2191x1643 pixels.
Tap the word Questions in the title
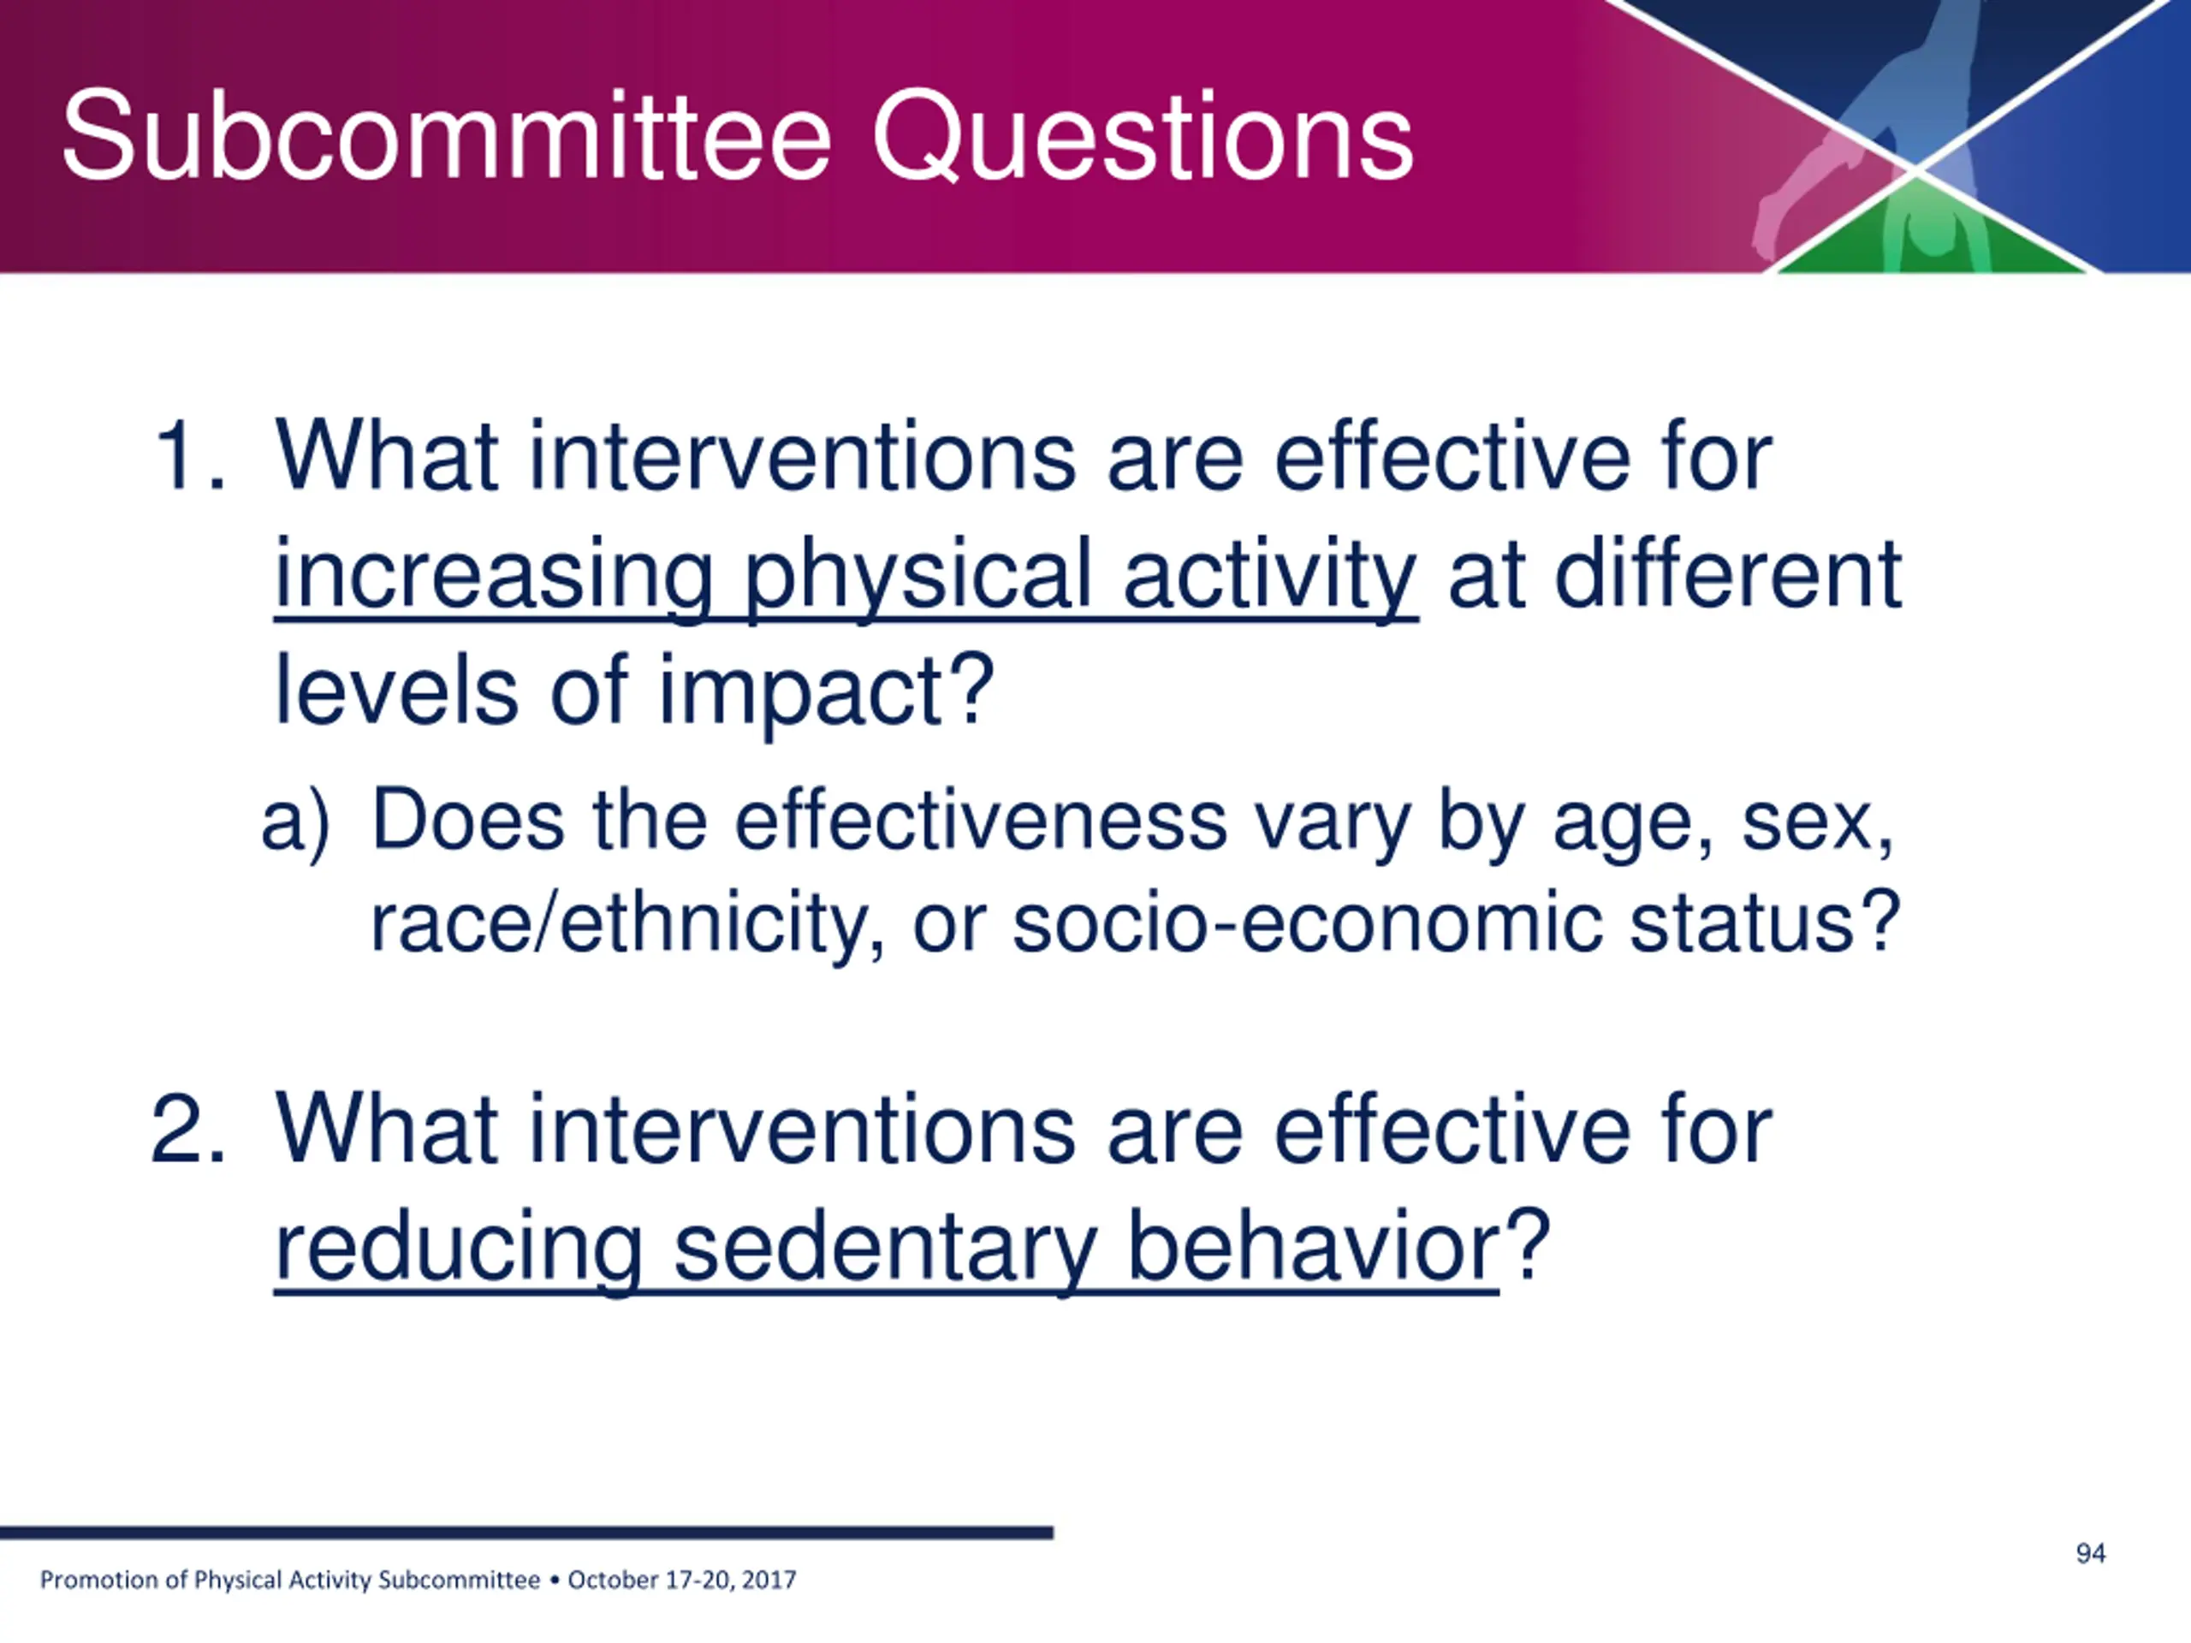point(1143,138)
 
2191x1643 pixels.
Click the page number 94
point(2090,1553)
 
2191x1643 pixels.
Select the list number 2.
point(187,1130)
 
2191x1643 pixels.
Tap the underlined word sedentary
point(884,1248)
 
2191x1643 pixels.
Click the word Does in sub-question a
point(467,819)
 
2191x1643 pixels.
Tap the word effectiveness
point(981,819)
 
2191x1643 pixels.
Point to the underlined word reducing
point(459,1248)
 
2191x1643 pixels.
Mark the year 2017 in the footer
point(769,1580)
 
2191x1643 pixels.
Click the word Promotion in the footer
point(100,1580)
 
